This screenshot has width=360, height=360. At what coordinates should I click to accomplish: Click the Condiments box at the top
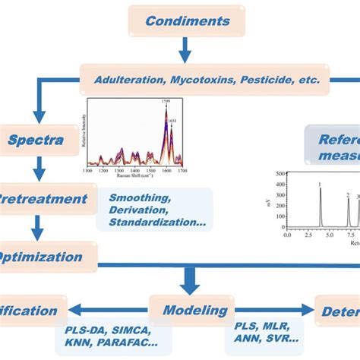(186, 21)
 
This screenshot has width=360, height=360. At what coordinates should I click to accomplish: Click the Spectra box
(36, 140)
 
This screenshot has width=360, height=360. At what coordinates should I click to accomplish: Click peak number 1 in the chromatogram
(320, 185)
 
